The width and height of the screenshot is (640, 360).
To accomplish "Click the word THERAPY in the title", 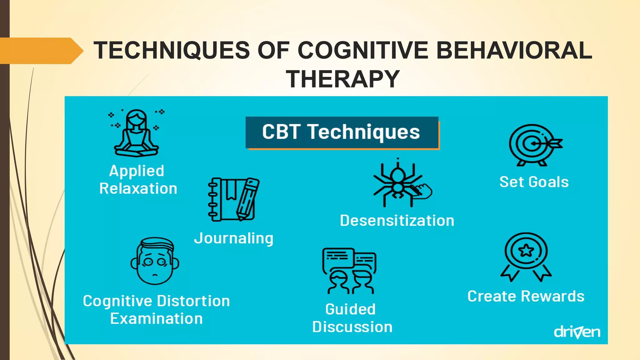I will tap(343, 79).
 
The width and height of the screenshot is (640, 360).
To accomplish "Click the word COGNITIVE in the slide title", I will tap(362, 50).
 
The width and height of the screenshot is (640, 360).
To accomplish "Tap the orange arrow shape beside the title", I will tap(41, 51).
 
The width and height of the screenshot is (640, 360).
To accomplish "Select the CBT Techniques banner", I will tap(342, 132).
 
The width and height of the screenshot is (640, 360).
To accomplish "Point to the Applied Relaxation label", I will tap(138, 180).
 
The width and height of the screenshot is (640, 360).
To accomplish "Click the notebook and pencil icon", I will tap(233, 199).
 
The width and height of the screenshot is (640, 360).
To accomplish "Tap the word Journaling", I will tap(234, 238).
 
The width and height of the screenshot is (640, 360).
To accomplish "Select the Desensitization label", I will tap(397, 221).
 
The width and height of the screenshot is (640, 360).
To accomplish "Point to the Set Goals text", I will tap(534, 182).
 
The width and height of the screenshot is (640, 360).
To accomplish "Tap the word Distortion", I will tap(193, 301).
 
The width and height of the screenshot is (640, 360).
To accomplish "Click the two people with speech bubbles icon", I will tap(349, 271).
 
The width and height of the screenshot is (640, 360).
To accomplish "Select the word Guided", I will tap(350, 309).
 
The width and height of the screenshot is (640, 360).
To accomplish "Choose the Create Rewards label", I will tap(526, 296).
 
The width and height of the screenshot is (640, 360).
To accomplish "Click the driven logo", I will tap(577, 332).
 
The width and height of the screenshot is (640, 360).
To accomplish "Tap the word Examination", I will tap(156, 319).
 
